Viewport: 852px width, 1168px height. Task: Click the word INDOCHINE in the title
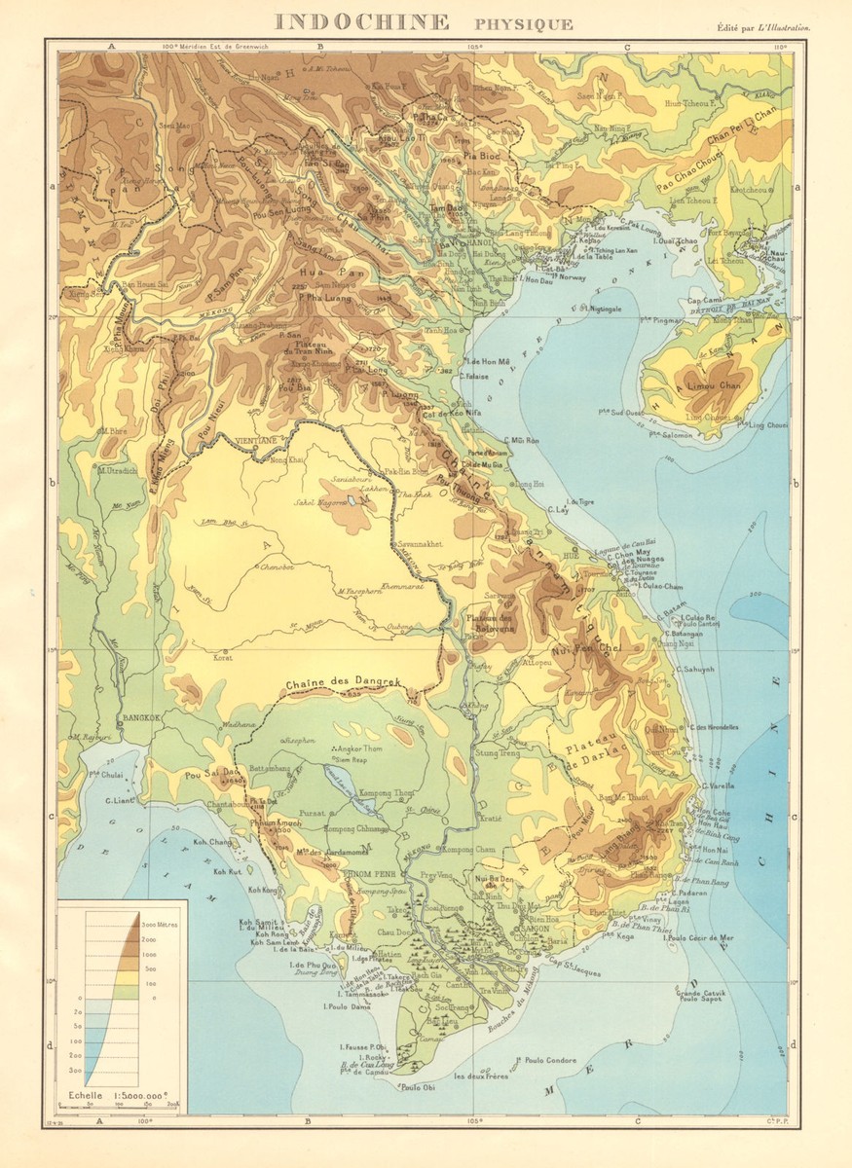click(361, 22)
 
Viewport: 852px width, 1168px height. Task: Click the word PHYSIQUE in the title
click(523, 24)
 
